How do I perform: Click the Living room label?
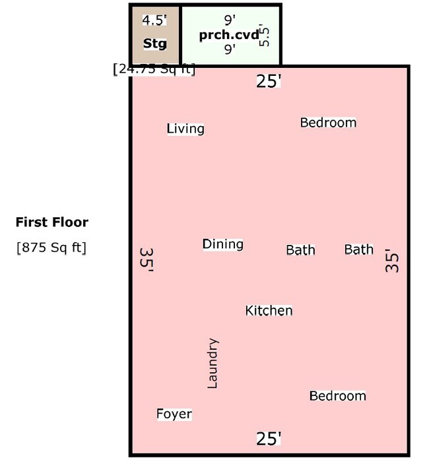(x=185, y=129)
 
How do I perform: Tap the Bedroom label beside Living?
(x=328, y=123)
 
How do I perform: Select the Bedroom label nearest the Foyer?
(x=337, y=396)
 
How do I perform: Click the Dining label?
(x=222, y=244)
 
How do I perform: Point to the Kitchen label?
(x=269, y=310)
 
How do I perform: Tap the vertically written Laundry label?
(x=213, y=364)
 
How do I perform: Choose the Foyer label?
(x=174, y=414)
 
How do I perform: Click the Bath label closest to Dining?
(x=300, y=250)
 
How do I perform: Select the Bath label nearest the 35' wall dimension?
(x=358, y=249)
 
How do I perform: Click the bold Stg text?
(x=155, y=44)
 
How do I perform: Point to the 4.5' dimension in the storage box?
(x=154, y=20)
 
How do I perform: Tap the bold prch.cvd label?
(x=229, y=35)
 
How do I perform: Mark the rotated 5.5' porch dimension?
(x=265, y=35)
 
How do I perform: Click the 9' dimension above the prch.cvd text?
(x=229, y=20)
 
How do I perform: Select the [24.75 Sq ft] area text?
(x=154, y=69)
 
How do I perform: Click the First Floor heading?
(x=51, y=222)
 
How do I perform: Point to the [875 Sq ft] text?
(x=51, y=248)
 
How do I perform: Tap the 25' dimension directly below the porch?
(x=269, y=81)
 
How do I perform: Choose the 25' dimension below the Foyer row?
(x=269, y=438)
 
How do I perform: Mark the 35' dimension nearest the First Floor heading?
(x=147, y=260)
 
